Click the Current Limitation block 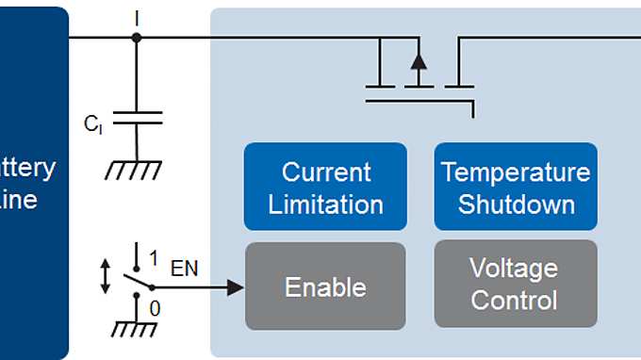(x=325, y=187)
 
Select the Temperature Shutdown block (x=516, y=187)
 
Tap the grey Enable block (x=325, y=286)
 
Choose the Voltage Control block (x=516, y=286)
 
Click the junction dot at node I (x=137, y=38)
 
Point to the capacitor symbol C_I (x=137, y=117)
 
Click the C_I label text (x=92, y=123)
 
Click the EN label (x=184, y=270)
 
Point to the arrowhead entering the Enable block (x=235, y=286)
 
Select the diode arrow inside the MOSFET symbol (x=419, y=62)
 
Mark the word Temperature (x=516, y=172)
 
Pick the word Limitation (x=325, y=204)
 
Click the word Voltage (x=515, y=270)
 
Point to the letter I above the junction (x=137, y=16)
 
